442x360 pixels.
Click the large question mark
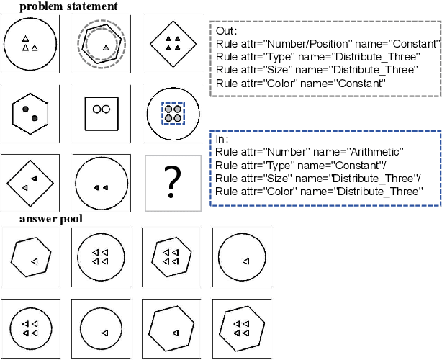pos(172,181)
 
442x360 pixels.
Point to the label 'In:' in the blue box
pos(222,138)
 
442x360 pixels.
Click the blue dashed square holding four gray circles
pos(172,113)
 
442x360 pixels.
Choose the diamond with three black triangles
pos(171,44)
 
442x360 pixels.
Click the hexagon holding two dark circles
pos(30,112)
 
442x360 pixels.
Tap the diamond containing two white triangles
pos(30,181)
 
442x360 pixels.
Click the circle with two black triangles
pos(102,186)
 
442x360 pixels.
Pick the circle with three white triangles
pos(30,43)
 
